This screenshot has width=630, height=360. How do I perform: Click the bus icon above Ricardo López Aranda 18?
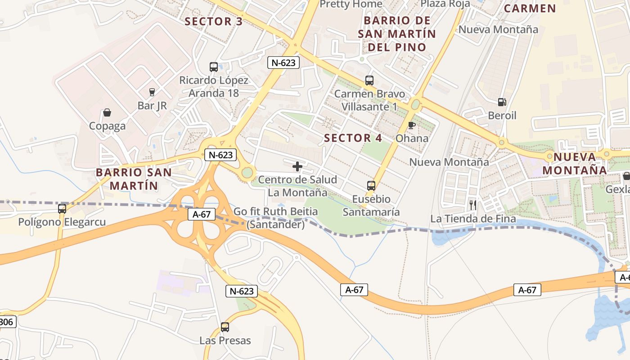pos(214,67)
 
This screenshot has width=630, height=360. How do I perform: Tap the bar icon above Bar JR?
pos(152,92)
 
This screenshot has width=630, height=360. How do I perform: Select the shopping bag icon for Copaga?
pos(107,112)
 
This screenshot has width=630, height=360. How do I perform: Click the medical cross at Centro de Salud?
pos(297,166)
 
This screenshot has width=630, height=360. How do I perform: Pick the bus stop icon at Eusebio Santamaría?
pos(371,185)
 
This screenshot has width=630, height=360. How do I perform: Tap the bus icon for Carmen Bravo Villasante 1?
pos(369,81)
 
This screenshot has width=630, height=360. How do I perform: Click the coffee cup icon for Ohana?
pos(411,125)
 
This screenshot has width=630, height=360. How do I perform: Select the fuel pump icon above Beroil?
pos(502,102)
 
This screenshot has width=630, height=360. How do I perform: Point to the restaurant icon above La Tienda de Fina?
pos(473,205)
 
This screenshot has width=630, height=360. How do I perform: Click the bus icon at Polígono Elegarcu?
pos(62,209)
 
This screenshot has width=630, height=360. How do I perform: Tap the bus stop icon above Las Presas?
pos(225,327)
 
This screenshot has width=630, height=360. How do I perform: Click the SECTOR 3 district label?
pos(214,22)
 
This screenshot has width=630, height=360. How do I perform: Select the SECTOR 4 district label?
pos(353,138)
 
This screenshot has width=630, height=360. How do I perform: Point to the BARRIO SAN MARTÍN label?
pos(134,179)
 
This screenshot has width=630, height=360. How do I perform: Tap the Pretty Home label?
pos(351,4)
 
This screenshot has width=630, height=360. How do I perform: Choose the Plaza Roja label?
pos(445,4)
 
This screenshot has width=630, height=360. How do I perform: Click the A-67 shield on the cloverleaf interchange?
pos(202,215)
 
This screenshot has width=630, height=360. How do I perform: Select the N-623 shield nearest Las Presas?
pos(242,291)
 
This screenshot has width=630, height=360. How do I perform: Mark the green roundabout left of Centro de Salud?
pos(247,172)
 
